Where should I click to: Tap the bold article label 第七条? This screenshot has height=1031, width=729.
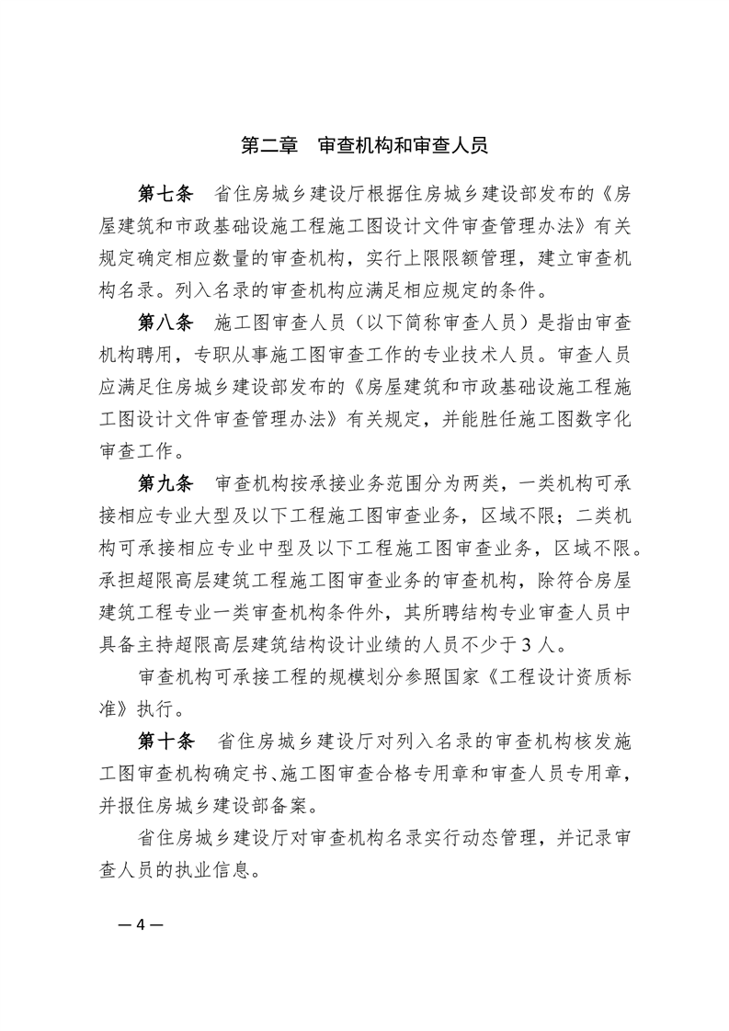(x=165, y=194)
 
